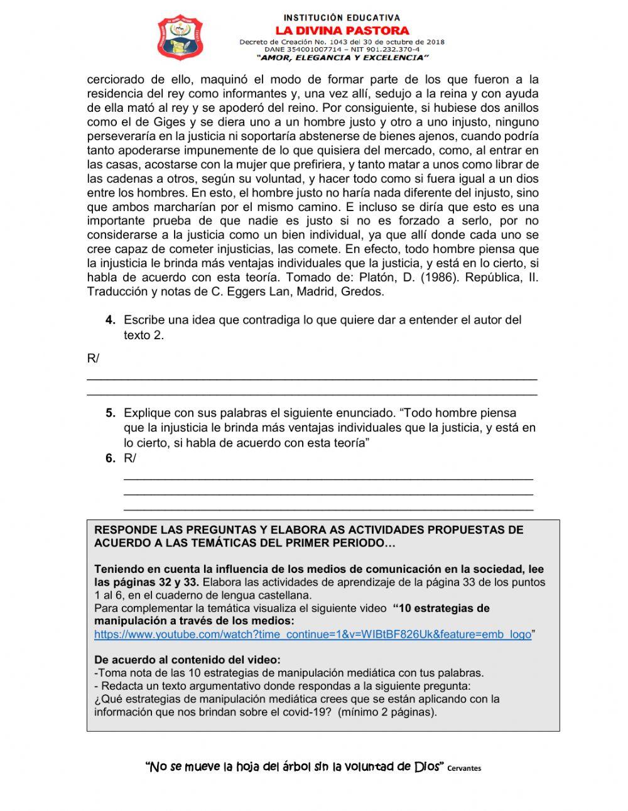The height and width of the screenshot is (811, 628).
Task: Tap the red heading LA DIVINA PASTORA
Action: click(x=342, y=30)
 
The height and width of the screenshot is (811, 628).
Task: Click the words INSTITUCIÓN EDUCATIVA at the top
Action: click(x=342, y=18)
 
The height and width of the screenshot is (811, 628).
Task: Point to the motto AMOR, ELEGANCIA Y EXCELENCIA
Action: click(x=344, y=57)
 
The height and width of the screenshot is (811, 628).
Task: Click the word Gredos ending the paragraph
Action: click(x=362, y=291)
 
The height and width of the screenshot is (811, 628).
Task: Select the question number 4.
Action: click(x=111, y=320)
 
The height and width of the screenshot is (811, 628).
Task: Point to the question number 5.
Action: click(x=111, y=413)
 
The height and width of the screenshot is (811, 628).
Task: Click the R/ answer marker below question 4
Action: click(x=93, y=359)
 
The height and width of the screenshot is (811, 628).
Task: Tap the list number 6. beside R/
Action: click(x=111, y=459)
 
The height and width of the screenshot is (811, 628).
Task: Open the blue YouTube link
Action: click(x=312, y=634)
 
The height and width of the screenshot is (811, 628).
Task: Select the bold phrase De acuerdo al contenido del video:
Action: click(x=187, y=660)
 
